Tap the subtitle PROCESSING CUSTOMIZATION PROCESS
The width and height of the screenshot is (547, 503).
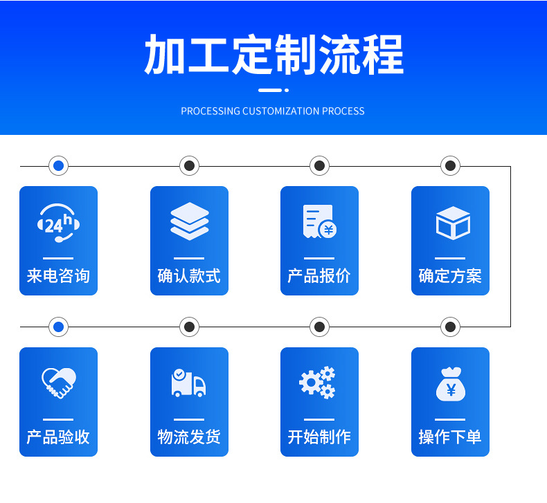[273, 111]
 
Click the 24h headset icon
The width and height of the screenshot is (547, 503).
[58, 223]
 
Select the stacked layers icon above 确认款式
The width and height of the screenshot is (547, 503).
[189, 221]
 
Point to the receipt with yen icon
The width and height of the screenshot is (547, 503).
[319, 221]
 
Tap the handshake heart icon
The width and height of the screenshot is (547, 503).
[58, 383]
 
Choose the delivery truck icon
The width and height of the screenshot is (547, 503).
[188, 383]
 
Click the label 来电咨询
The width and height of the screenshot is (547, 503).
[58, 276]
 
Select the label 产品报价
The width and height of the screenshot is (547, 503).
[319, 276]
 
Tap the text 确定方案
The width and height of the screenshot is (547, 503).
[450, 276]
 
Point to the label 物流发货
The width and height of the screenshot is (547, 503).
[189, 437]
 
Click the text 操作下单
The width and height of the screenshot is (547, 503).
[450, 437]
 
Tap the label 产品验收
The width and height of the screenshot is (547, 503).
[58, 437]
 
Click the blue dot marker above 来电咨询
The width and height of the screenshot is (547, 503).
[58, 166]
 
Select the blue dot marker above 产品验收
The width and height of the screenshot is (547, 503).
[58, 327]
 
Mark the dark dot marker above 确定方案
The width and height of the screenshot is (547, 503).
[450, 166]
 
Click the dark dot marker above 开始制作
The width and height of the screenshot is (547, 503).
[319, 327]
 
